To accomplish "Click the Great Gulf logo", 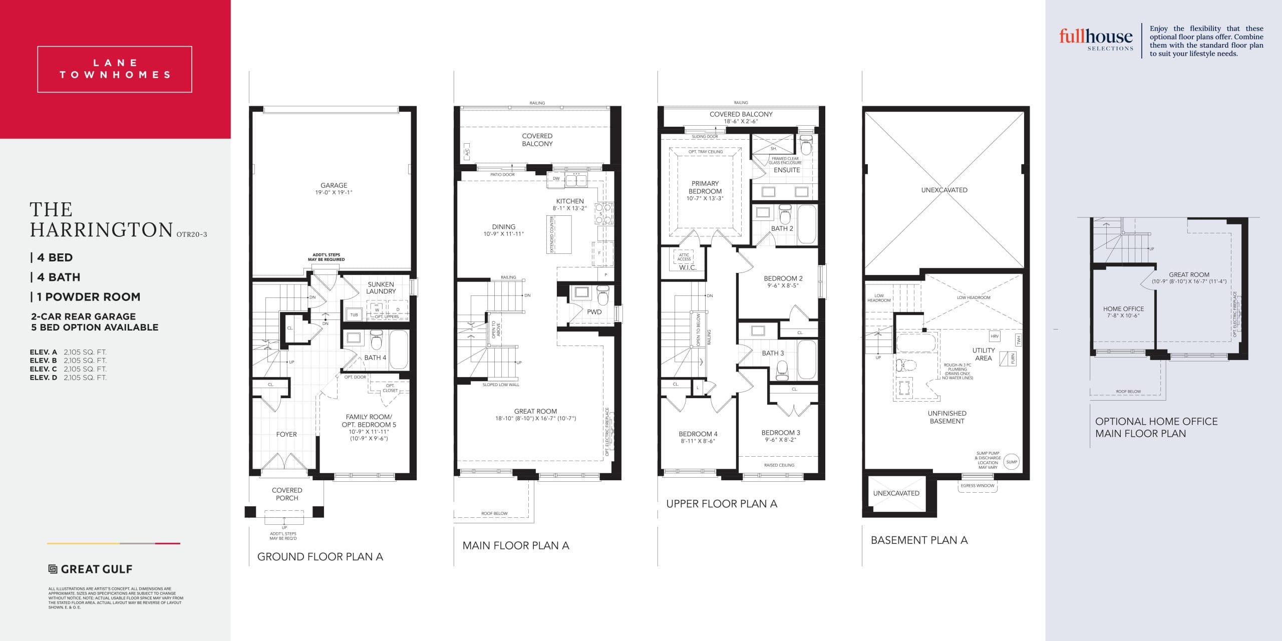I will (90, 569).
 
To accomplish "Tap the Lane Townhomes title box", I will (115, 69).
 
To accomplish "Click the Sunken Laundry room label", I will (381, 287).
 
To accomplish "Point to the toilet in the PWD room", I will (603, 295).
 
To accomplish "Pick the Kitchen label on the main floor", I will (570, 201).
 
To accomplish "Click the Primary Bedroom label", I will (705, 187).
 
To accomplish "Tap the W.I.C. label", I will (687, 267).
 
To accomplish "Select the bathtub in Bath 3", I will (806, 359).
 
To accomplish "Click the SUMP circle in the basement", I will (1012, 462).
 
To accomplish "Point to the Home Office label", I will (1123, 309).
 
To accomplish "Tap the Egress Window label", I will (977, 485).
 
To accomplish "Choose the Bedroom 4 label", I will (698, 434).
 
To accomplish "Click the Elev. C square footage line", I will (68, 369).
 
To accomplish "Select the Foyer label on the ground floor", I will (286, 434).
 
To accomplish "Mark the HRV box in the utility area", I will (995, 336).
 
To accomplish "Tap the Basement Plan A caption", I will (919, 540).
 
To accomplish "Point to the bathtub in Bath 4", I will (399, 349).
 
